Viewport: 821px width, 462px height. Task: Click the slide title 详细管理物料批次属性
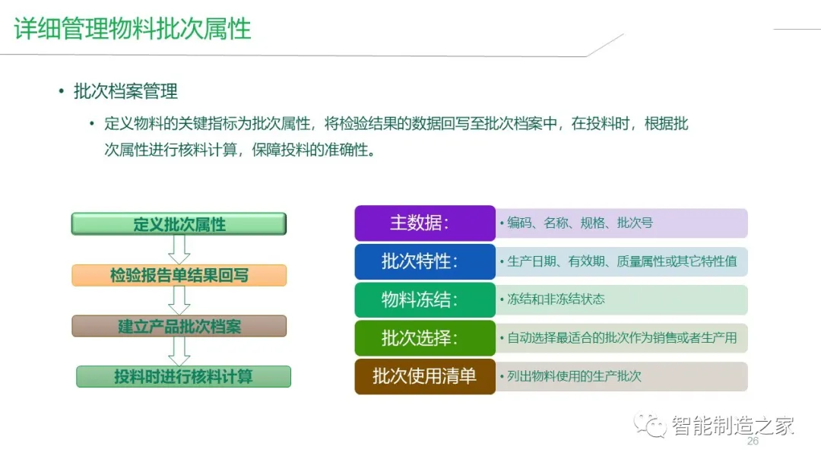point(132,29)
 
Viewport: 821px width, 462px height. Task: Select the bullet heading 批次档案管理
point(125,92)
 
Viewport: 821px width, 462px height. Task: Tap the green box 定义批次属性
point(179,224)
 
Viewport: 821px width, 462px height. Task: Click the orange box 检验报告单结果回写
point(179,275)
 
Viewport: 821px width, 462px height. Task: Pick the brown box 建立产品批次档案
point(179,326)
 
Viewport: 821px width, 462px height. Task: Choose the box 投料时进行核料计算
point(183,377)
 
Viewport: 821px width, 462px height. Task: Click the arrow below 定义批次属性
point(179,249)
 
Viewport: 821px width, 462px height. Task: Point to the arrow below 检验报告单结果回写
point(179,300)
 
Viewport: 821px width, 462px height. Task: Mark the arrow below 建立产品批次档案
point(179,351)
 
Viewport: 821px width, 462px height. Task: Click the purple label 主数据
point(424,223)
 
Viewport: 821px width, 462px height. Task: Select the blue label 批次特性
point(424,261)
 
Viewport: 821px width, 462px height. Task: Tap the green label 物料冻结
point(424,299)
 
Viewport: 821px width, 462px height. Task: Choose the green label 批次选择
point(424,338)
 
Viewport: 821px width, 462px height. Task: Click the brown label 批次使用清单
point(424,376)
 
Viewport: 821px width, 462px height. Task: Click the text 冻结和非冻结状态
point(556,299)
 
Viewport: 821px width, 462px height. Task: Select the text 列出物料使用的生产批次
point(574,376)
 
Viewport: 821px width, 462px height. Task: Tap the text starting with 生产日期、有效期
point(622,261)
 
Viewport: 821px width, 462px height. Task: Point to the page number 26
point(753,441)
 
